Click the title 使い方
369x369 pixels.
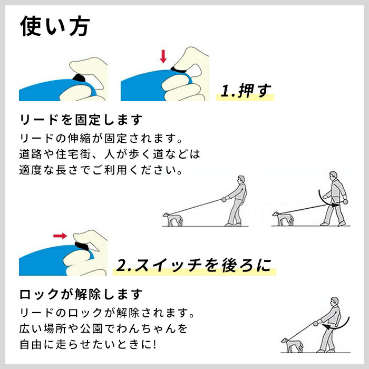pos(55,26)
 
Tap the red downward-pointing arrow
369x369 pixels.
pos(163,56)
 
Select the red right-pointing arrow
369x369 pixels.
pos(60,236)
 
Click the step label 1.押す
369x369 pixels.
pos(245,91)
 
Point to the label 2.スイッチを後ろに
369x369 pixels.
pos(195,266)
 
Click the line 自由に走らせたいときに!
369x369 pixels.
pos(88,345)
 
